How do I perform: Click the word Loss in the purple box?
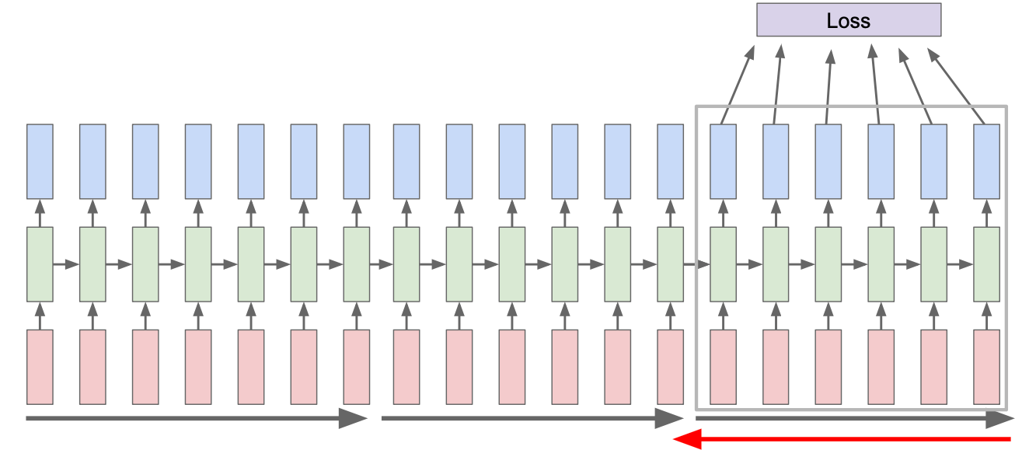click(849, 20)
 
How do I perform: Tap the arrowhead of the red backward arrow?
click(685, 441)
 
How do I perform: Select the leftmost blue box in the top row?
click(40, 161)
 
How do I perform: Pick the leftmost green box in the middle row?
click(40, 264)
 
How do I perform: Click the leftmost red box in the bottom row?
click(40, 367)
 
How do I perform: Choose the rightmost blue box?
click(986, 161)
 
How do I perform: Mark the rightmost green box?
click(986, 264)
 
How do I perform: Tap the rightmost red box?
click(986, 367)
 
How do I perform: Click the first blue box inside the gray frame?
click(723, 161)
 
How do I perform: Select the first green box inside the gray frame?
click(723, 264)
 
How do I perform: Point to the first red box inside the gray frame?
click(723, 367)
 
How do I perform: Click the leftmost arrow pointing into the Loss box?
click(738, 85)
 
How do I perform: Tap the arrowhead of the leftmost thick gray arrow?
click(354, 419)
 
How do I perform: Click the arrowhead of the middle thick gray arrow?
click(668, 419)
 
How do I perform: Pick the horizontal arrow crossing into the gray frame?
click(696, 264)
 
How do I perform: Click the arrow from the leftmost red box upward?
click(40, 316)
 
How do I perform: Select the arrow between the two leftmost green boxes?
click(66, 264)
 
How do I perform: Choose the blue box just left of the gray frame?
click(670, 161)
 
